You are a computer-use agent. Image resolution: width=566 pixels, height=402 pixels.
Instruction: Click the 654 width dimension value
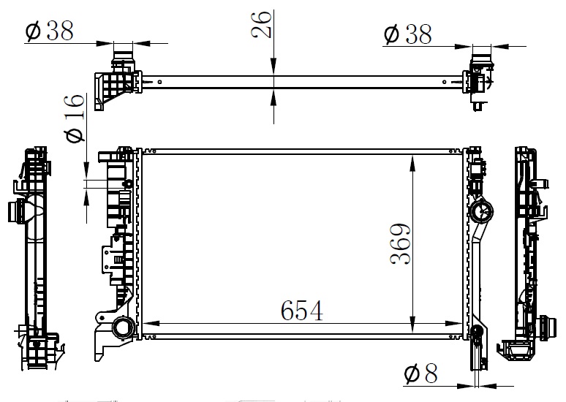click(x=302, y=311)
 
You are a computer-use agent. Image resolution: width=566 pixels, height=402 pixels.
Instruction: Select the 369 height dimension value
click(x=400, y=244)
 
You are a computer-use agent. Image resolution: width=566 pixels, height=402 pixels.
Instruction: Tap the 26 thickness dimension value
click(x=261, y=25)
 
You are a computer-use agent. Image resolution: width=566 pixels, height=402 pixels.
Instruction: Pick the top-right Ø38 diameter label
click(x=407, y=34)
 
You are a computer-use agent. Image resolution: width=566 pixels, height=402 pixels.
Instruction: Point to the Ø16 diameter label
click(x=75, y=118)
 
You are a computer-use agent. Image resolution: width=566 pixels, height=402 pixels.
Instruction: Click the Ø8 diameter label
click(x=421, y=373)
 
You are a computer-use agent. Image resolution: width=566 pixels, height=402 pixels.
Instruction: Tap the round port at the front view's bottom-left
click(x=124, y=328)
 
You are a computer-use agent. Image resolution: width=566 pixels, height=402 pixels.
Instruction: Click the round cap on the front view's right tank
click(x=481, y=211)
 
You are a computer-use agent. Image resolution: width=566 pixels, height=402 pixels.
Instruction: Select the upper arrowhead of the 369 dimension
click(x=412, y=162)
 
